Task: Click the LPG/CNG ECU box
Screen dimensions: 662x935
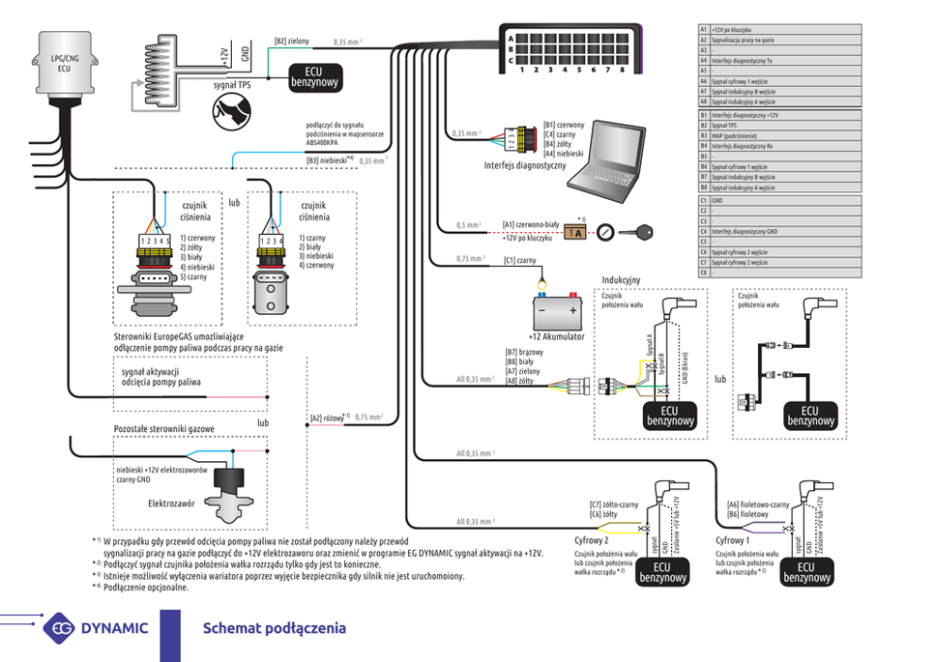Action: [x=63, y=66]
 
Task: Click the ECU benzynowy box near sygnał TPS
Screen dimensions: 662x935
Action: [x=315, y=77]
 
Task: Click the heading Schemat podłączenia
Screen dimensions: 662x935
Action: [x=274, y=628]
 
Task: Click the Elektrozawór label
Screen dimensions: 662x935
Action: [x=172, y=504]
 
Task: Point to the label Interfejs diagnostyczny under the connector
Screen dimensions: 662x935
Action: [x=525, y=165]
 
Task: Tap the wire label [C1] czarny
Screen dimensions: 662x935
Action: [x=519, y=259]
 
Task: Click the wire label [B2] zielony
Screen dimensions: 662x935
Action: [x=292, y=41]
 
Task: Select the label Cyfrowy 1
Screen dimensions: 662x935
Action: [x=732, y=540]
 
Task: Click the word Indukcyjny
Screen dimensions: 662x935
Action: [x=621, y=280]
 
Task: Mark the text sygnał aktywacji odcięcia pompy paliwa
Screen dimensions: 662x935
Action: [x=161, y=376]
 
